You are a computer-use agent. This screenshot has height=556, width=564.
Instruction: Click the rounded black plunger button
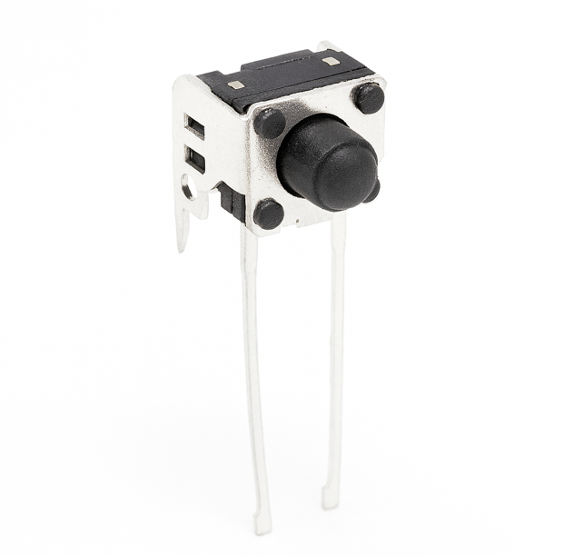click(327, 162)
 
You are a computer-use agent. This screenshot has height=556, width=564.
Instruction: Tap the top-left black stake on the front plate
click(269, 123)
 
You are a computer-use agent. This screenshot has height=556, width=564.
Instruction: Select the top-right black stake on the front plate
click(368, 97)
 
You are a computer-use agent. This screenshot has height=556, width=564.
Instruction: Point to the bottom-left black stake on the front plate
click(268, 213)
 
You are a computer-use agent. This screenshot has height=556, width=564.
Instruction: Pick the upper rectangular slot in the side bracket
click(195, 126)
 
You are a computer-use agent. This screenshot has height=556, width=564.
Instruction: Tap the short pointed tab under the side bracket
click(183, 232)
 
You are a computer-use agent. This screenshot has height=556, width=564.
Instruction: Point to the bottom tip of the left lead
click(262, 524)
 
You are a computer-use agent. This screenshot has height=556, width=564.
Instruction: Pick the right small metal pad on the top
click(331, 61)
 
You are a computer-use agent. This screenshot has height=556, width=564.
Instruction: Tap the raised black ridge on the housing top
click(282, 65)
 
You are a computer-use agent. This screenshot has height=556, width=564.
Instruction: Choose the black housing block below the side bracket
click(231, 201)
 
